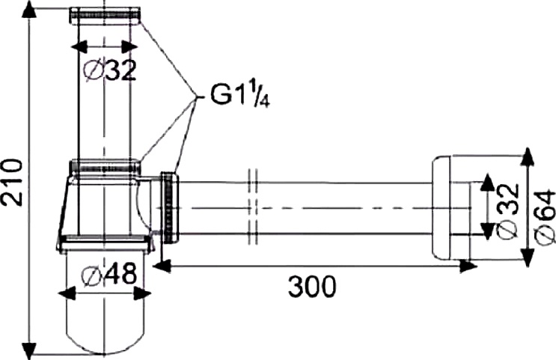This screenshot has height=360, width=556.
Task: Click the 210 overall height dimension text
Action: coord(12,181)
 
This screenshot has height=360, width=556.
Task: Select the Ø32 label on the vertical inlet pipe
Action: coord(109,71)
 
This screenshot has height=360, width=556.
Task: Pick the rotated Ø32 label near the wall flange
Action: coord(505,209)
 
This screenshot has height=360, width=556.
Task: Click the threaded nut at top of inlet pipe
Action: coord(104,14)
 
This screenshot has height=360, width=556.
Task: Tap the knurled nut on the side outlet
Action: coord(171,207)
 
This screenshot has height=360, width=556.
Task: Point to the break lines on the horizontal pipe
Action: coord(251,207)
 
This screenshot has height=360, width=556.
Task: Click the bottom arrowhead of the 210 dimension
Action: coord(30,348)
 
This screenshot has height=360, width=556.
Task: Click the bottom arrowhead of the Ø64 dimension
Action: coord(528,259)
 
